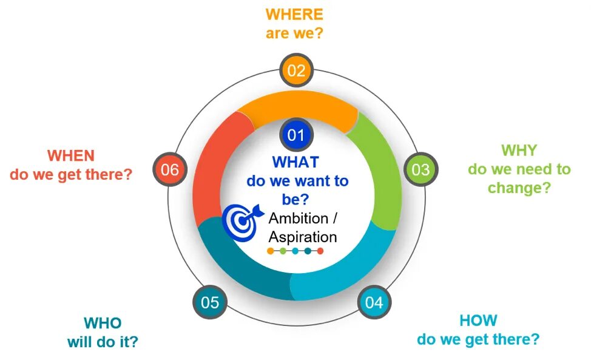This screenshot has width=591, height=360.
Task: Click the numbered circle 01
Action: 295,135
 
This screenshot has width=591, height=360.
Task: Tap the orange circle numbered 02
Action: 296,70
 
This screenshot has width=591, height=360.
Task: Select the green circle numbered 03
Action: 420,169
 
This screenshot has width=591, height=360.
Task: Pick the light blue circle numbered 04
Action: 374,302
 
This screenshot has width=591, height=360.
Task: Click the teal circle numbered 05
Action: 209,302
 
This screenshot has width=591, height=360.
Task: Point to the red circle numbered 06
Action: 170,169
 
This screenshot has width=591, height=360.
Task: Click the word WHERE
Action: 294,14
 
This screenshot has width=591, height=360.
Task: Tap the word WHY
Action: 519,150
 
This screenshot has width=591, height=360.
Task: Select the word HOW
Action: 478,320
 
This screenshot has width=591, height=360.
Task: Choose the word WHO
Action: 103,323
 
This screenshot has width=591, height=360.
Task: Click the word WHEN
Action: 71,155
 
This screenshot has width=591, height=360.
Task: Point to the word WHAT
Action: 295,162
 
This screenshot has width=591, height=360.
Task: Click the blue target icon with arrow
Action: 241,220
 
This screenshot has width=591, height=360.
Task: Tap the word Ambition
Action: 298,219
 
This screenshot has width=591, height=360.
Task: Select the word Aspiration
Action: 302,237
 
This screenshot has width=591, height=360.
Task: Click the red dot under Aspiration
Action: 320,251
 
